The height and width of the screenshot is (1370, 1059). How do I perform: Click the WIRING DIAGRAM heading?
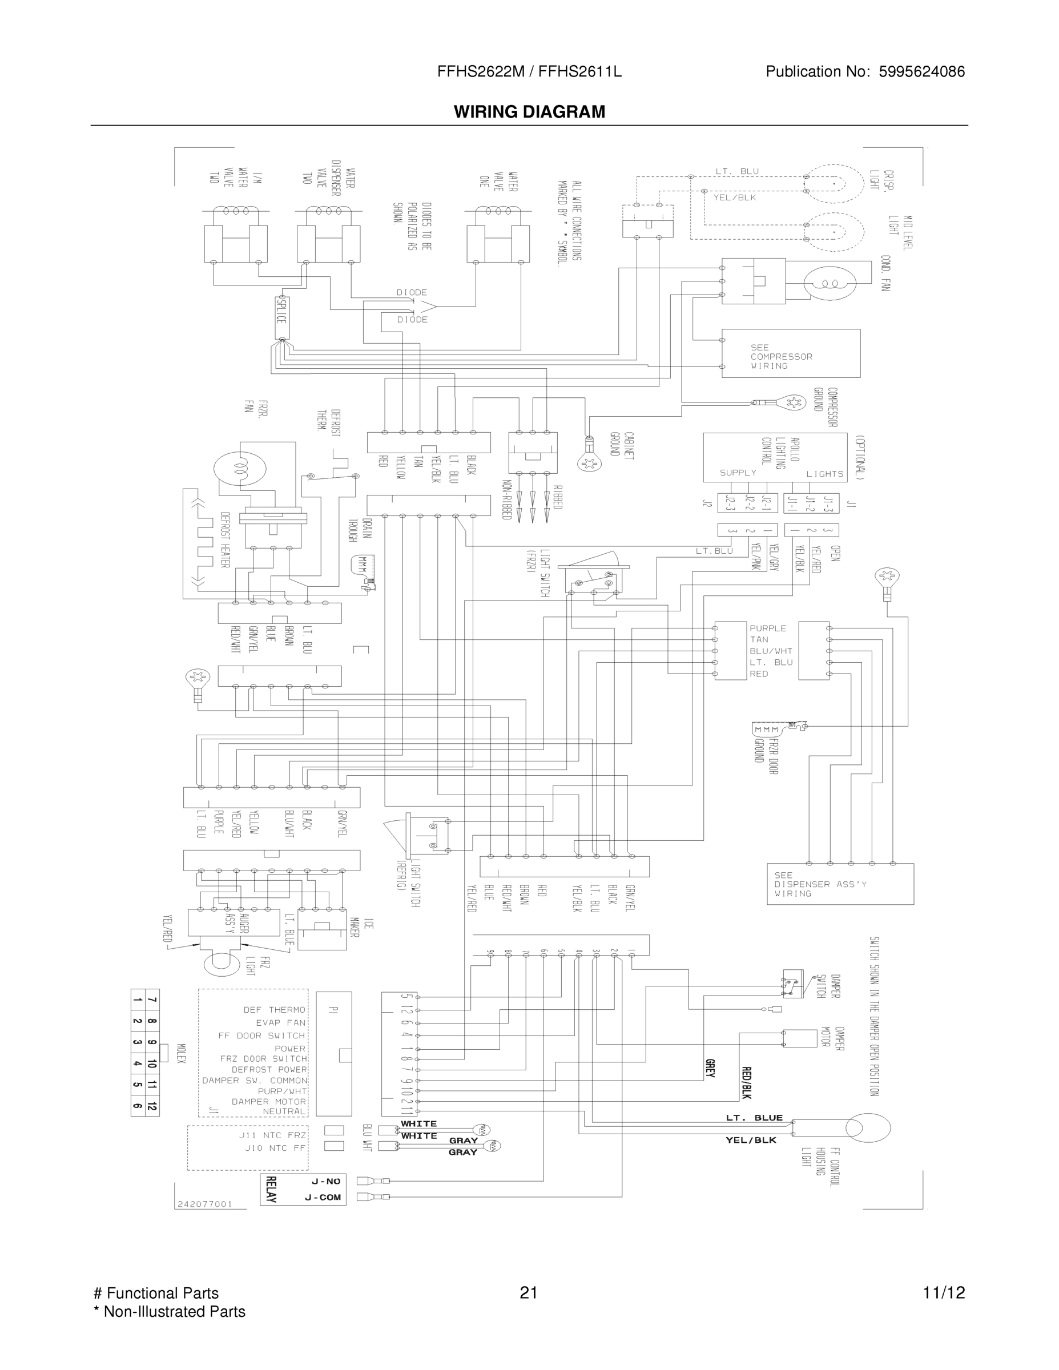click(530, 112)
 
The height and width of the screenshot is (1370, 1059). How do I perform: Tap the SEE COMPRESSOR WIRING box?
click(791, 354)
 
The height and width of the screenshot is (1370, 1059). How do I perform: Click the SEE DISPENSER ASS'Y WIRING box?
click(839, 884)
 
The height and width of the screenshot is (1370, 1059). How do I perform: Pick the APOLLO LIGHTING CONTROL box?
click(775, 457)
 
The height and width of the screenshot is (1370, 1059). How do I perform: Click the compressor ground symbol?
click(794, 402)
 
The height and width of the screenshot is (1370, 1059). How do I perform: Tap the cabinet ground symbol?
click(589, 462)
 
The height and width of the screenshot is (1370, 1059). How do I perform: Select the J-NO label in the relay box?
click(325, 1181)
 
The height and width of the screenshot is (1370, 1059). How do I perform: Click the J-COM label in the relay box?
click(323, 1197)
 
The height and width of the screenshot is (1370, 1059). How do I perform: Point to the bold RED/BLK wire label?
click(747, 1082)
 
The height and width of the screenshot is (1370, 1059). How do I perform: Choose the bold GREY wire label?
click(710, 1068)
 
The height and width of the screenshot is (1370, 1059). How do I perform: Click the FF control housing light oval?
click(868, 1128)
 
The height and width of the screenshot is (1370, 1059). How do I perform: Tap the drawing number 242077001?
click(205, 1204)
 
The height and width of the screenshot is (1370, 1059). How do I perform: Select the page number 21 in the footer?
click(529, 1292)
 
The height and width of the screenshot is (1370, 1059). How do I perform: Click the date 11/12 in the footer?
click(944, 1292)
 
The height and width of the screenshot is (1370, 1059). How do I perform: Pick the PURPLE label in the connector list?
click(768, 628)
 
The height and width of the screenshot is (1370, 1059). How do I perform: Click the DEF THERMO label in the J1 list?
click(274, 1010)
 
